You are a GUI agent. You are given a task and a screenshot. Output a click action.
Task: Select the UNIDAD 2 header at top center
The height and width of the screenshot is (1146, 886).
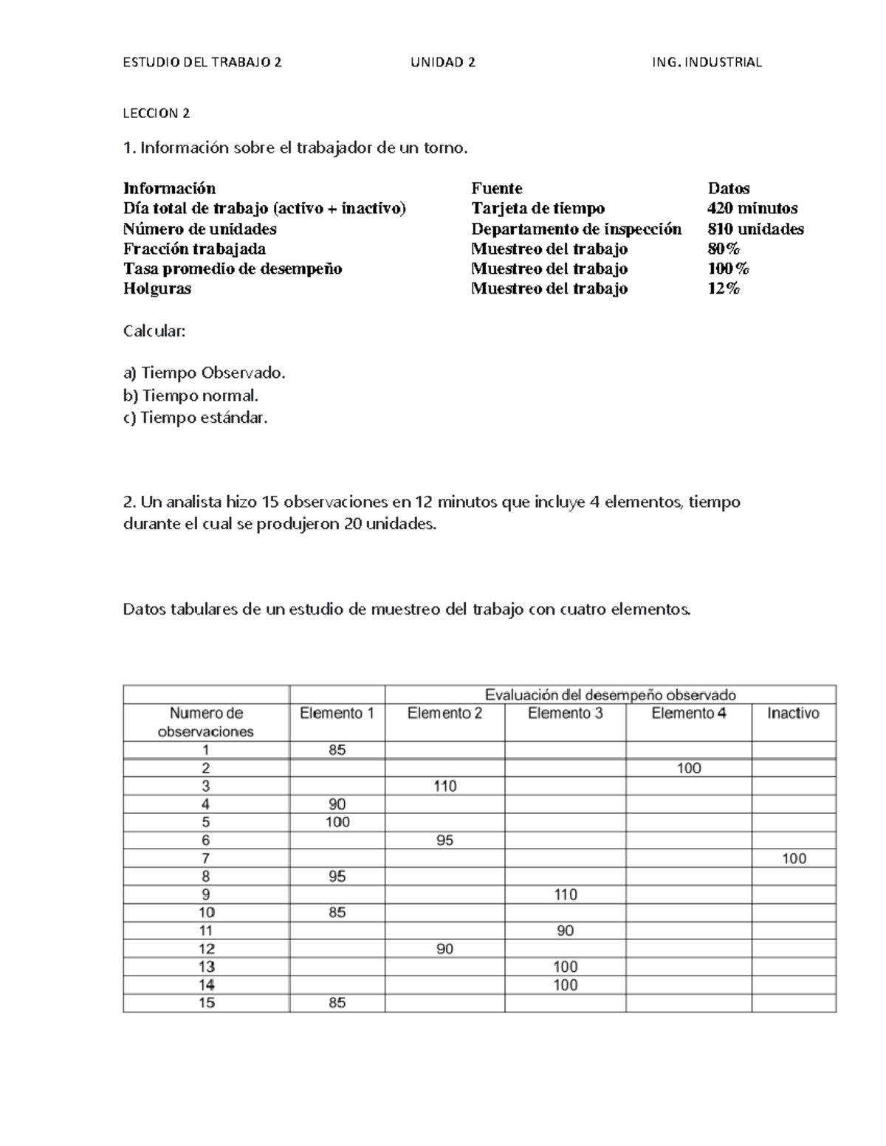click(x=443, y=63)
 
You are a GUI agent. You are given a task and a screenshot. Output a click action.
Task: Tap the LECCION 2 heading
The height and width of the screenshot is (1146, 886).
click(x=157, y=114)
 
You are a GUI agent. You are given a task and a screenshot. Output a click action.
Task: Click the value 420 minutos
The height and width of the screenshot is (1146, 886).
click(x=752, y=209)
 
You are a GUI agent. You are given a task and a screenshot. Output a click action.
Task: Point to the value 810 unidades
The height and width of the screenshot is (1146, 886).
click(x=755, y=229)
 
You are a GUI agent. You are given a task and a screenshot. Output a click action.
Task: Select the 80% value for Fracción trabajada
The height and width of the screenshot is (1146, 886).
click(x=723, y=249)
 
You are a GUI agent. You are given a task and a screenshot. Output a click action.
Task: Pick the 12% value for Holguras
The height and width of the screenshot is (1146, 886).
click(x=723, y=289)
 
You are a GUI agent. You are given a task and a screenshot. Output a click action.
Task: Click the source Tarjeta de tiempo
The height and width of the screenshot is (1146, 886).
click(x=538, y=209)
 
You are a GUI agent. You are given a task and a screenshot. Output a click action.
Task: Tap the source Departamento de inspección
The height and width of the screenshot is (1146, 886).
click(x=576, y=229)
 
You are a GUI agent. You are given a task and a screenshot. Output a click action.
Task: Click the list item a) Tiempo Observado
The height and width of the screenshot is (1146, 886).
click(x=204, y=373)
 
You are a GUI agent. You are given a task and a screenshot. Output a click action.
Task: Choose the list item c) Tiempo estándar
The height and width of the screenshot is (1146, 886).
click(x=195, y=418)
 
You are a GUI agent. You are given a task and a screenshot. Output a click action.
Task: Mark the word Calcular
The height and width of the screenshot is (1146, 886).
click(x=154, y=331)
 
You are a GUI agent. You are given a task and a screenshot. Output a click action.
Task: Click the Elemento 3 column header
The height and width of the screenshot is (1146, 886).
click(x=565, y=714)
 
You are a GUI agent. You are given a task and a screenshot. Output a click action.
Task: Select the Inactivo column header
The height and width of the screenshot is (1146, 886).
click(x=793, y=714)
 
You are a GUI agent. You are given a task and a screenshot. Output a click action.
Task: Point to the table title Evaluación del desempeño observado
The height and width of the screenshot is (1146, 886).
click(x=610, y=694)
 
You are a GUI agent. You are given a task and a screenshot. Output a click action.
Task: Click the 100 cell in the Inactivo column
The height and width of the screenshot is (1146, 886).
click(x=794, y=858)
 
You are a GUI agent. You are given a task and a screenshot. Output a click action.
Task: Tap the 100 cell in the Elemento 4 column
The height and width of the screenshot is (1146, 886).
click(x=688, y=768)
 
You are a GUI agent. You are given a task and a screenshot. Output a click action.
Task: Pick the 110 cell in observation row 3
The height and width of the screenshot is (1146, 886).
click(x=444, y=786)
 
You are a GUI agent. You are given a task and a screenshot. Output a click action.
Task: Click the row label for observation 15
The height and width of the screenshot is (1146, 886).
click(x=206, y=1003)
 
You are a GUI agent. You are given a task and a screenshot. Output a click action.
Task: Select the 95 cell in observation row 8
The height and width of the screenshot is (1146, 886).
click(x=337, y=877)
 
